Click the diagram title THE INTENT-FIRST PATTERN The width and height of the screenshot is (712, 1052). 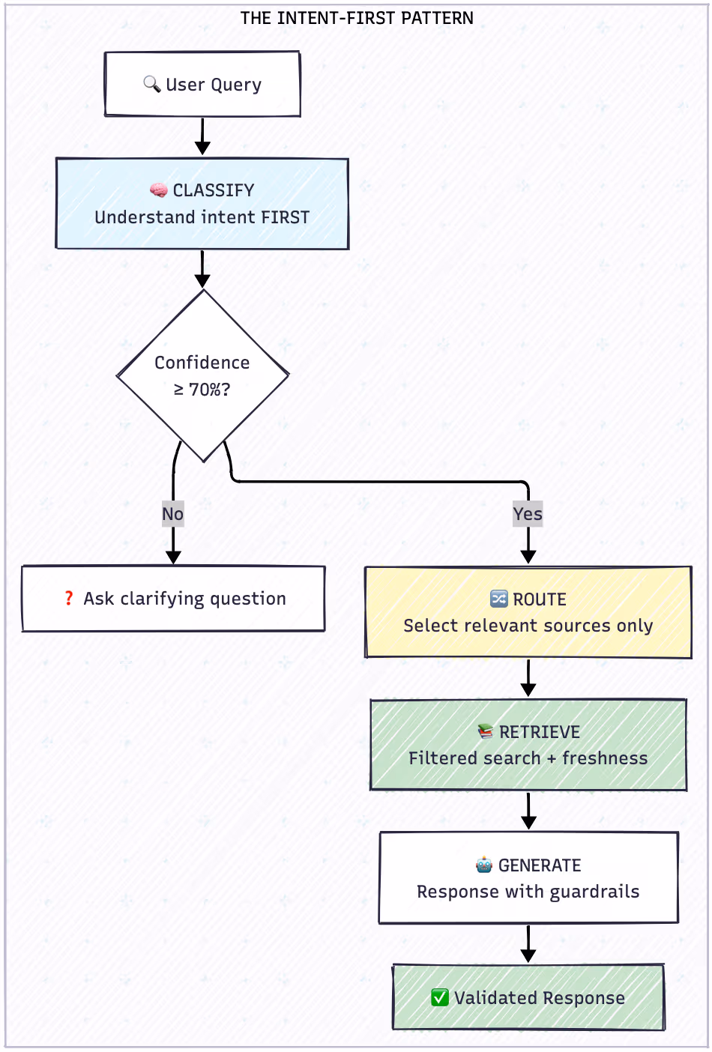point(357,18)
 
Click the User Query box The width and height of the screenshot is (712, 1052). point(202,84)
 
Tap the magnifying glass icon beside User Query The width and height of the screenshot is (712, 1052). point(151,84)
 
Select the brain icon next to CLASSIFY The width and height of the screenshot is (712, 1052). point(158,190)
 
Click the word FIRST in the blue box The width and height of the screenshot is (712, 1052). point(285,217)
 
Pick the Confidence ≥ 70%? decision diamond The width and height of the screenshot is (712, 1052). point(202,375)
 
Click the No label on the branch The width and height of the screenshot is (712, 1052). point(172,514)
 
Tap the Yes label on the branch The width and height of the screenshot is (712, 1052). point(528,514)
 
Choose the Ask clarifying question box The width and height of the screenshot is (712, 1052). point(173,599)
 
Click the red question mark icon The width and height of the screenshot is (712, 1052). point(69,598)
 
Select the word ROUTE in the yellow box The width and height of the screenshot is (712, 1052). point(540,599)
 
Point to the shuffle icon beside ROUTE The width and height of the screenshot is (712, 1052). point(498,599)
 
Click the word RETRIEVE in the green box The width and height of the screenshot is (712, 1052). point(540,732)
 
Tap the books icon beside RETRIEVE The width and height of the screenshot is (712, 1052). point(486,731)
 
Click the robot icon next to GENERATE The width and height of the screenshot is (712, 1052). point(484,865)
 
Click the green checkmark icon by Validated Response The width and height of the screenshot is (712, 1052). point(440,997)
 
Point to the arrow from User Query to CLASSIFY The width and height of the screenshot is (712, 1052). point(202,136)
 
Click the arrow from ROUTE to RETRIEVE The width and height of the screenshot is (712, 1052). point(528,678)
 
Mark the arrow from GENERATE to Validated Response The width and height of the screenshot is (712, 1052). point(528,943)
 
